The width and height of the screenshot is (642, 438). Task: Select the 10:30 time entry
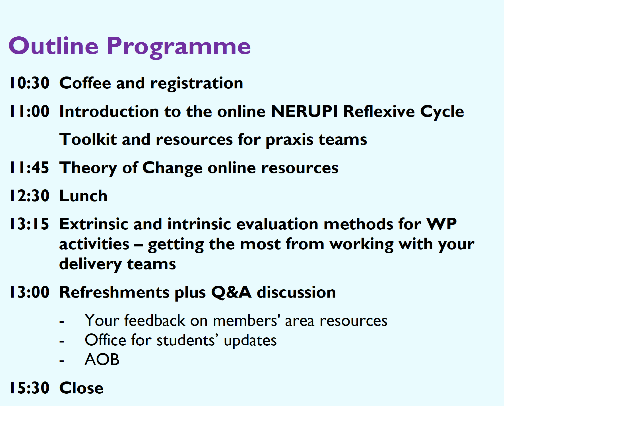click(x=30, y=83)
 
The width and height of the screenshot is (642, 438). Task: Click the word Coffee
click(x=85, y=83)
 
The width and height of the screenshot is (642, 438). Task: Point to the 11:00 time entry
click(x=30, y=111)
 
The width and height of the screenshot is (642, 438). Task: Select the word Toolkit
click(x=88, y=139)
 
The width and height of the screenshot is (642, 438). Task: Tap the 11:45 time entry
click(x=30, y=167)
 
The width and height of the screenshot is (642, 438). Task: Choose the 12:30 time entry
click(x=30, y=196)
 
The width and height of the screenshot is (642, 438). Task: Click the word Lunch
click(x=83, y=196)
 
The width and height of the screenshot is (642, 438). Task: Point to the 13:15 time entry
click(x=30, y=224)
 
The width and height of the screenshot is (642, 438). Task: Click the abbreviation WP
click(x=441, y=224)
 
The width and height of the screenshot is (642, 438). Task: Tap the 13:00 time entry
click(x=30, y=292)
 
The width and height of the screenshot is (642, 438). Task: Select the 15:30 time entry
click(x=30, y=388)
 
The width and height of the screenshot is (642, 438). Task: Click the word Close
click(x=81, y=388)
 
